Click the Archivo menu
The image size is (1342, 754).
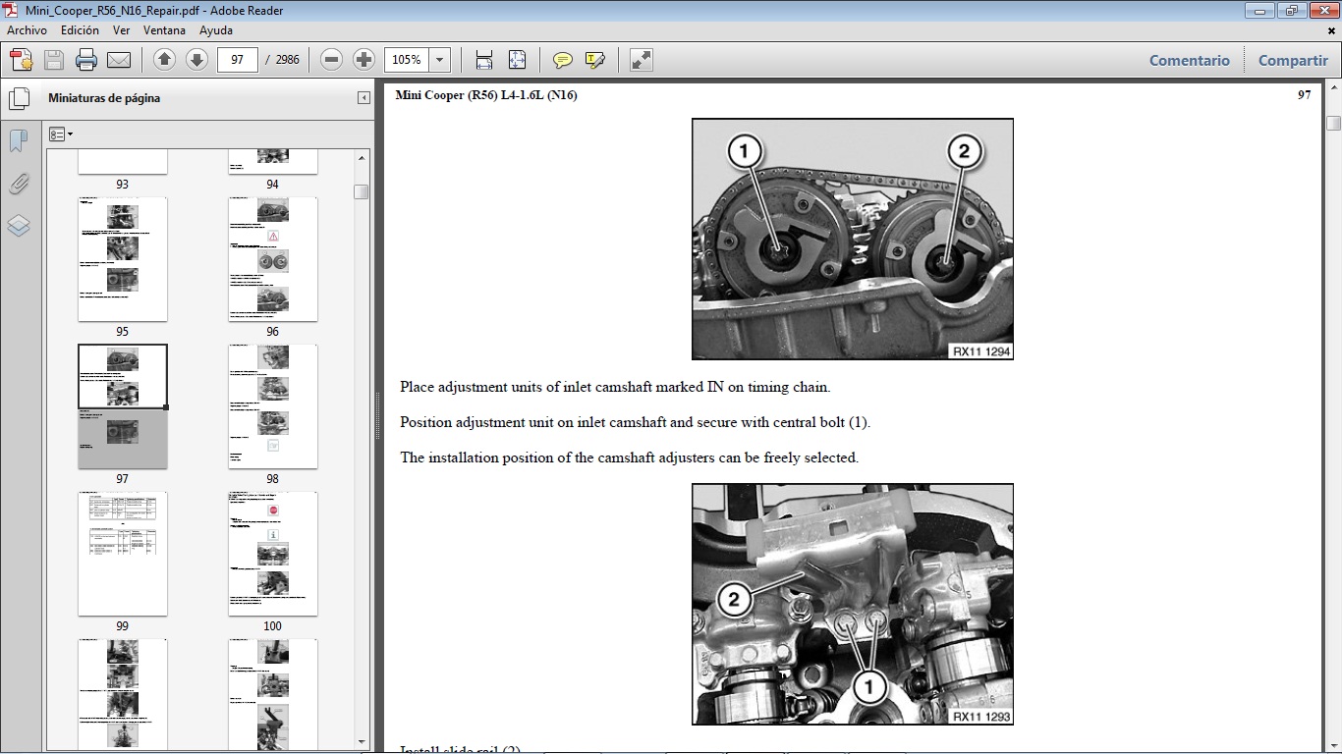27,30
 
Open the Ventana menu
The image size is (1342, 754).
164,30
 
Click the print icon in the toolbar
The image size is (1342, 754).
86,60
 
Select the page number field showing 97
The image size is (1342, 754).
237,60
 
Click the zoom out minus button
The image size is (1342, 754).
332,60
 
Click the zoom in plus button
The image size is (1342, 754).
363,60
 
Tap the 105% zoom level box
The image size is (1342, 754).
407,60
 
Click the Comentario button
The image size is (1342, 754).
1189,60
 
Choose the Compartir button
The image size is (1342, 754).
1292,60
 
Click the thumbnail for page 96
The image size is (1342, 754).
272,259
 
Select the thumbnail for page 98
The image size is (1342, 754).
272,405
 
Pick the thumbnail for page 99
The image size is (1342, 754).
122,553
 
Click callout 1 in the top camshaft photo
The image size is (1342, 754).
744,151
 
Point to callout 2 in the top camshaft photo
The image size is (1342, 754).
963,151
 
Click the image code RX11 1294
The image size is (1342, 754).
980,350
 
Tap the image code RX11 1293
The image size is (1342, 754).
980,716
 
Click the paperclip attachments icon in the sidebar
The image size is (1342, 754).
19,184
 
